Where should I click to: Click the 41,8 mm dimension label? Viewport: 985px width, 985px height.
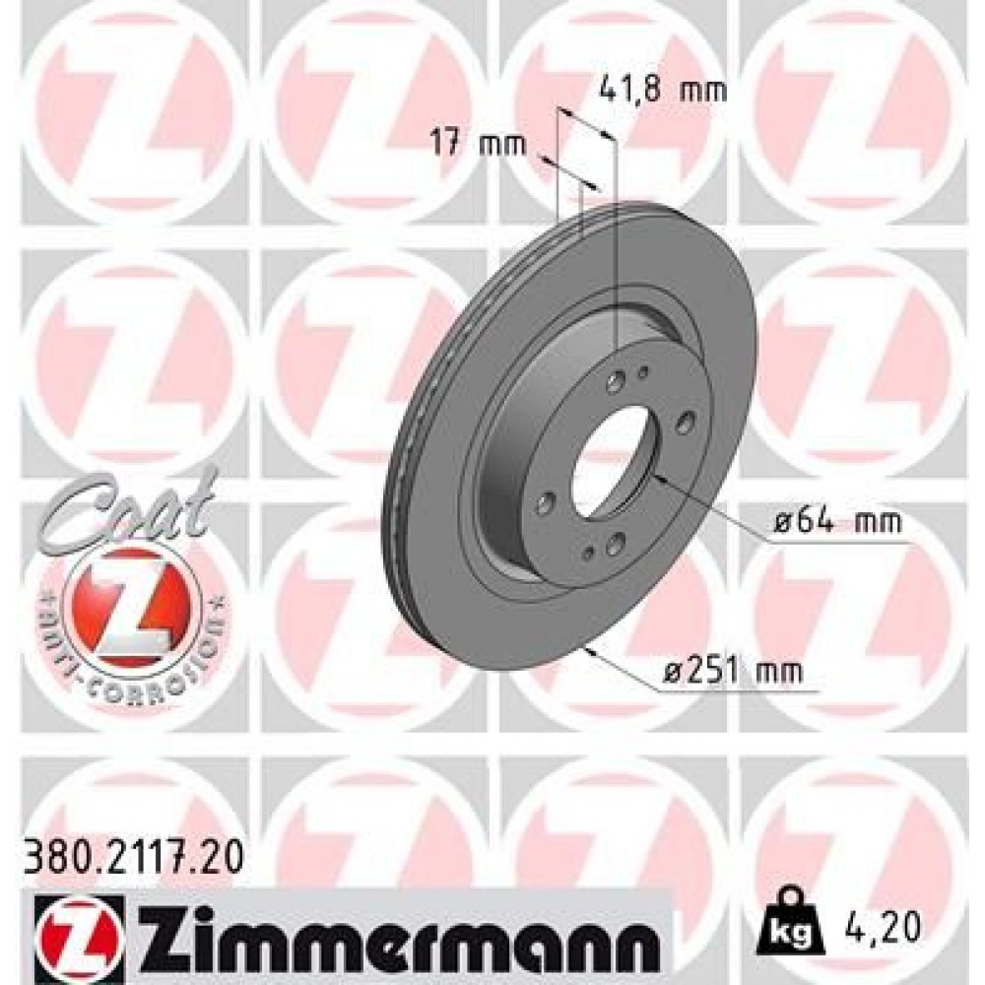click(x=662, y=91)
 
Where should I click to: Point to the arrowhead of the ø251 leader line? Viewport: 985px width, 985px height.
click(x=589, y=648)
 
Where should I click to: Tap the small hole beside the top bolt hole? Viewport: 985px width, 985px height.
click(x=643, y=371)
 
